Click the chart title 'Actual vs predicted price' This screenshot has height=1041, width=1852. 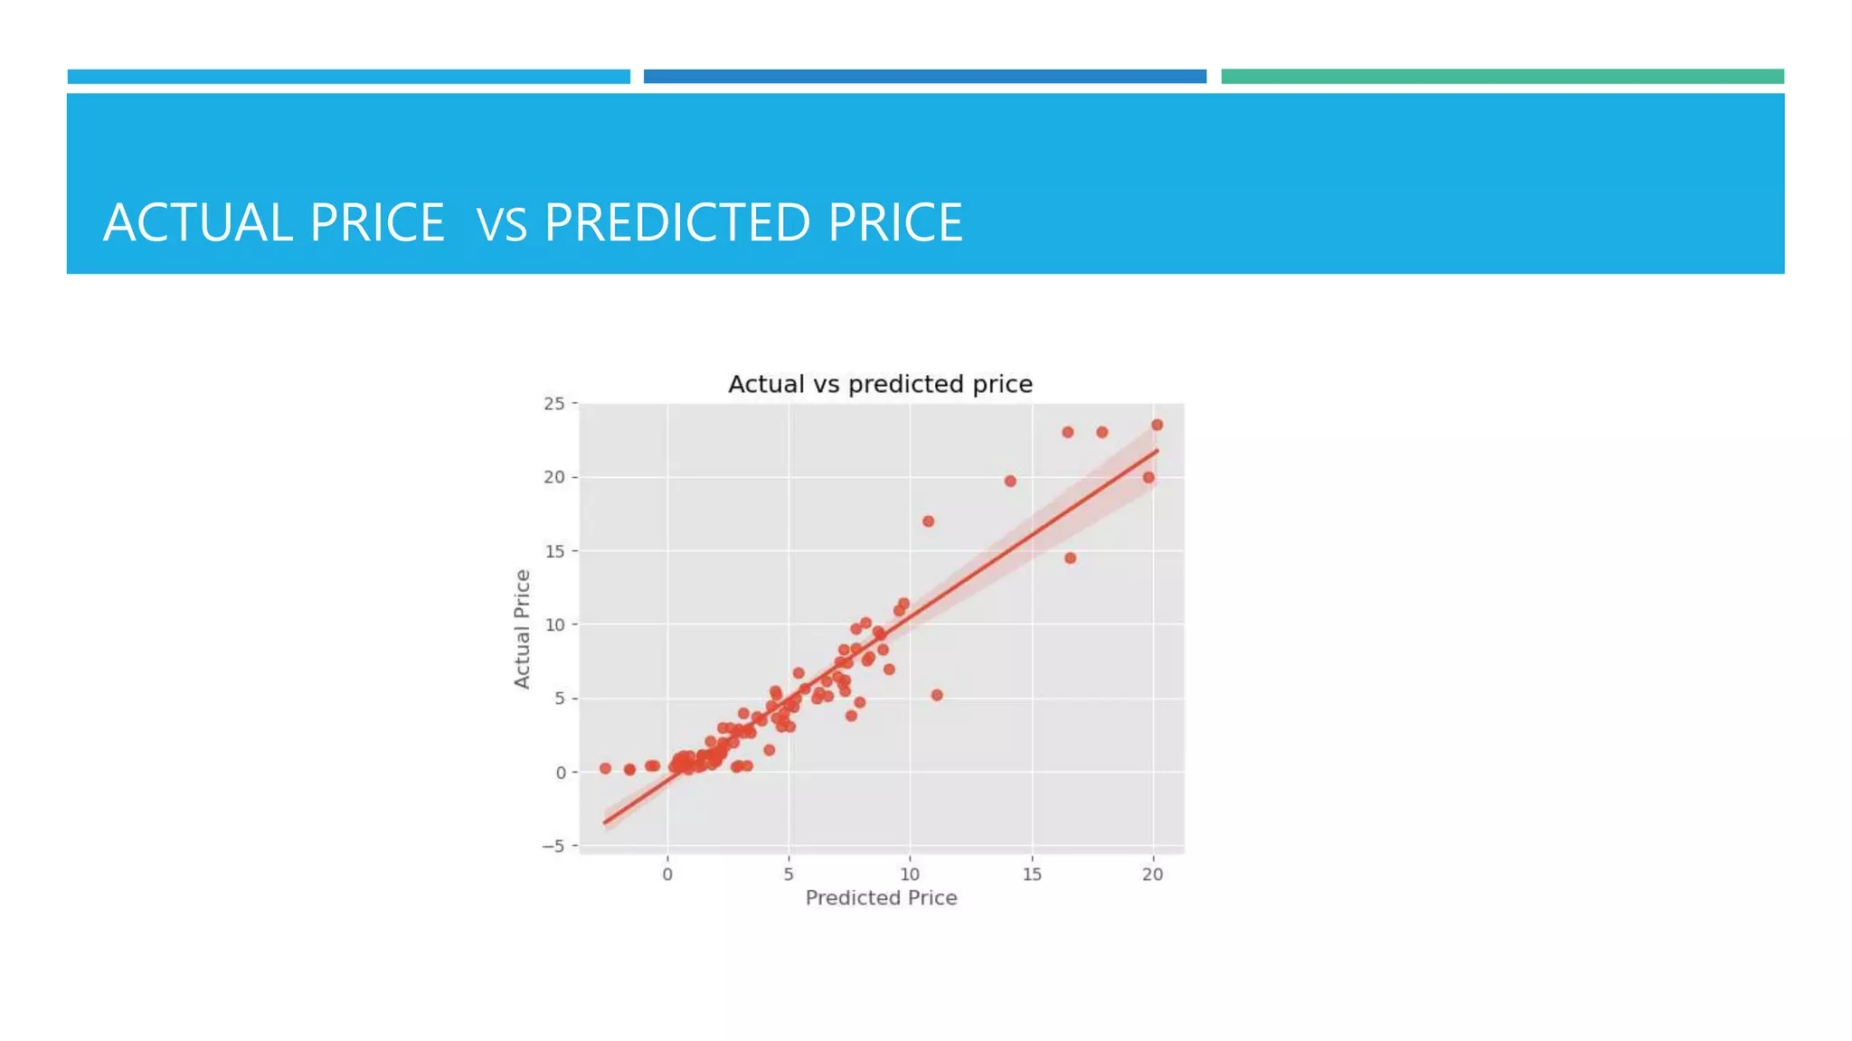point(880,384)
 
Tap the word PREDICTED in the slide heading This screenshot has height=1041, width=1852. point(676,223)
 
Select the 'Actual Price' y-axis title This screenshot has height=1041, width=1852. point(522,629)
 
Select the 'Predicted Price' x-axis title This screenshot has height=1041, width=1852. point(881,897)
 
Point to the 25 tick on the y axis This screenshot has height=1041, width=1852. point(553,404)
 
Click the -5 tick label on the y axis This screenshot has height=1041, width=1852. point(553,846)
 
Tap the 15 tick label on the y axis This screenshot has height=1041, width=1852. point(553,551)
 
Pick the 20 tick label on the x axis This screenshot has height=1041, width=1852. point(1152,874)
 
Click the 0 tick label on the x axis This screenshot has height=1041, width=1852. point(667,874)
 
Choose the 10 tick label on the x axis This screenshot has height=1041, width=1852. point(910,874)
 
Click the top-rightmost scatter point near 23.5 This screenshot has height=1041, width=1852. point(1157,425)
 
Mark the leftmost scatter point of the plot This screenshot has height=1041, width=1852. point(605,768)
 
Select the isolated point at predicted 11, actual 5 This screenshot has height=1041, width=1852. point(937,695)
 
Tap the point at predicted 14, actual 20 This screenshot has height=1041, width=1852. point(1010,481)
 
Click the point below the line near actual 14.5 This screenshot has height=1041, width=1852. point(1070,558)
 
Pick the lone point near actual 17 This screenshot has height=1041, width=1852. point(928,521)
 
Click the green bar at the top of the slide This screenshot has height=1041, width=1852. point(1502,77)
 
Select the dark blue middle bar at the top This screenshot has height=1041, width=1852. point(924,77)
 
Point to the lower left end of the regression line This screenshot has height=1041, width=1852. point(606,821)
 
